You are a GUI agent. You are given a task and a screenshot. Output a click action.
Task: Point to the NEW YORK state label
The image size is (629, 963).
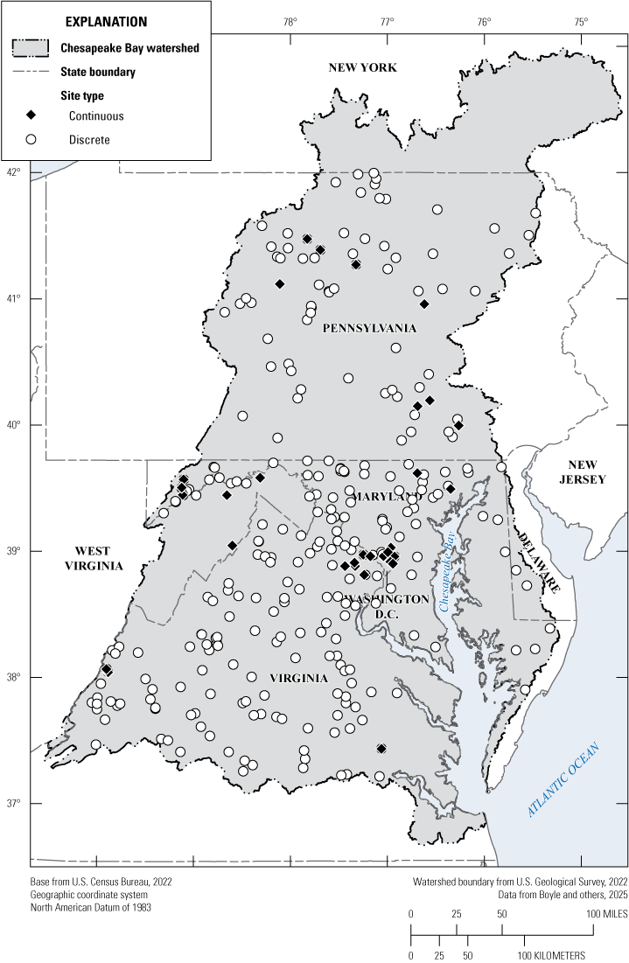point(362,68)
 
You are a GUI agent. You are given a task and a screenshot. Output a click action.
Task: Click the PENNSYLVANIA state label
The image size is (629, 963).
point(369,329)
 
